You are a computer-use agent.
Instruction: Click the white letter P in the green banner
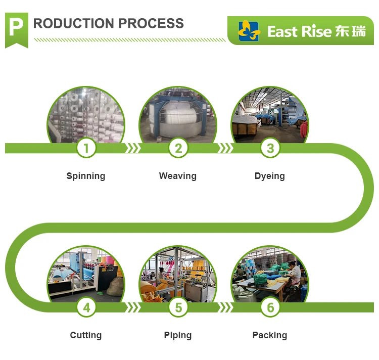coord(16,27)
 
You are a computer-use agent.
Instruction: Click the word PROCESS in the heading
coord(151,23)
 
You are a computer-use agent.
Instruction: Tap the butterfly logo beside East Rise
coord(248,31)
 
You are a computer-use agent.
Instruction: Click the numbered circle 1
coord(86,148)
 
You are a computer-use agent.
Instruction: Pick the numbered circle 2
coord(178,148)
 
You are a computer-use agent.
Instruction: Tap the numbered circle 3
coord(270,148)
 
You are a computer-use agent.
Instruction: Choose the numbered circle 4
coord(86,307)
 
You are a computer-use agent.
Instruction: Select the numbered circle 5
coord(178,307)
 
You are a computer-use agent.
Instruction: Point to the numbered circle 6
coord(270,307)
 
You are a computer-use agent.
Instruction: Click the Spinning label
coord(86,176)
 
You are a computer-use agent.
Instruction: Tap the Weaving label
coord(178,176)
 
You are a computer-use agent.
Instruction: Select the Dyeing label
coord(270,176)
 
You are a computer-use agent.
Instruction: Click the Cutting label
coord(86,336)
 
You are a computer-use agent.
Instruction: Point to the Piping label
coord(178,336)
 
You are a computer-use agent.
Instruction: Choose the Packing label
coord(270,336)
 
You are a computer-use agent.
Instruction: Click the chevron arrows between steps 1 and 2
coord(132,148)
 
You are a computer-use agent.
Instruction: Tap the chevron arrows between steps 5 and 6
coord(225,307)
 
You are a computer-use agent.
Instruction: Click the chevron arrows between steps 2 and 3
coord(225,148)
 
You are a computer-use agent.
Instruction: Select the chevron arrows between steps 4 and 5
coord(132,307)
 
